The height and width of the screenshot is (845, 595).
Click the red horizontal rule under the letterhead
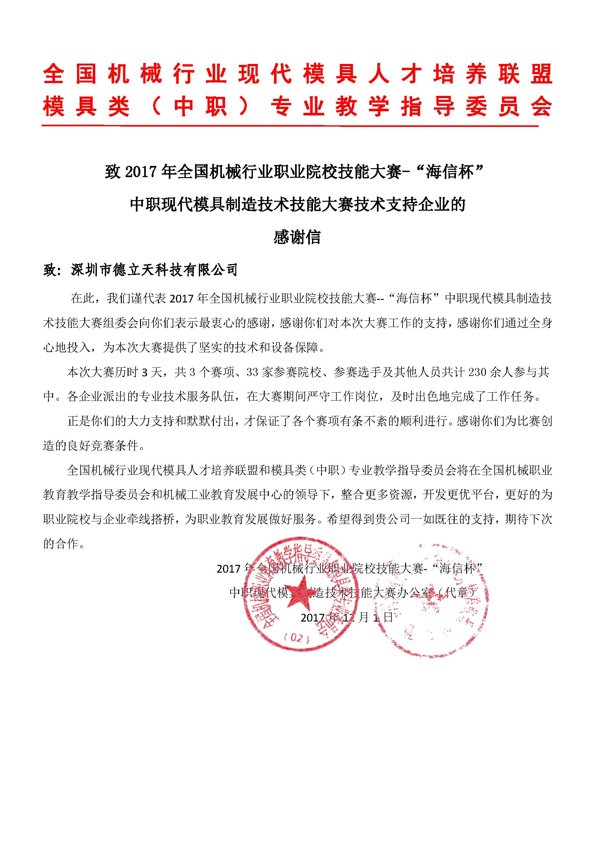[x=290, y=126]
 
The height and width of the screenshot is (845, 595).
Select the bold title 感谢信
[x=297, y=237]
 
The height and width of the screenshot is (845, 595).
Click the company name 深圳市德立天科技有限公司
[x=154, y=270]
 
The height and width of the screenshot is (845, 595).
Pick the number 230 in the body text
[x=477, y=372]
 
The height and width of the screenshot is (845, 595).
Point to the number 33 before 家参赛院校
[x=253, y=372]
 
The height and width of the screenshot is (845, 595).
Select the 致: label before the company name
[x=51, y=270]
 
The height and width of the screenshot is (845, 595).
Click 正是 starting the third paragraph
[x=79, y=421]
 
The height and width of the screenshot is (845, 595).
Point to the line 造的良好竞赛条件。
[x=94, y=446]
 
